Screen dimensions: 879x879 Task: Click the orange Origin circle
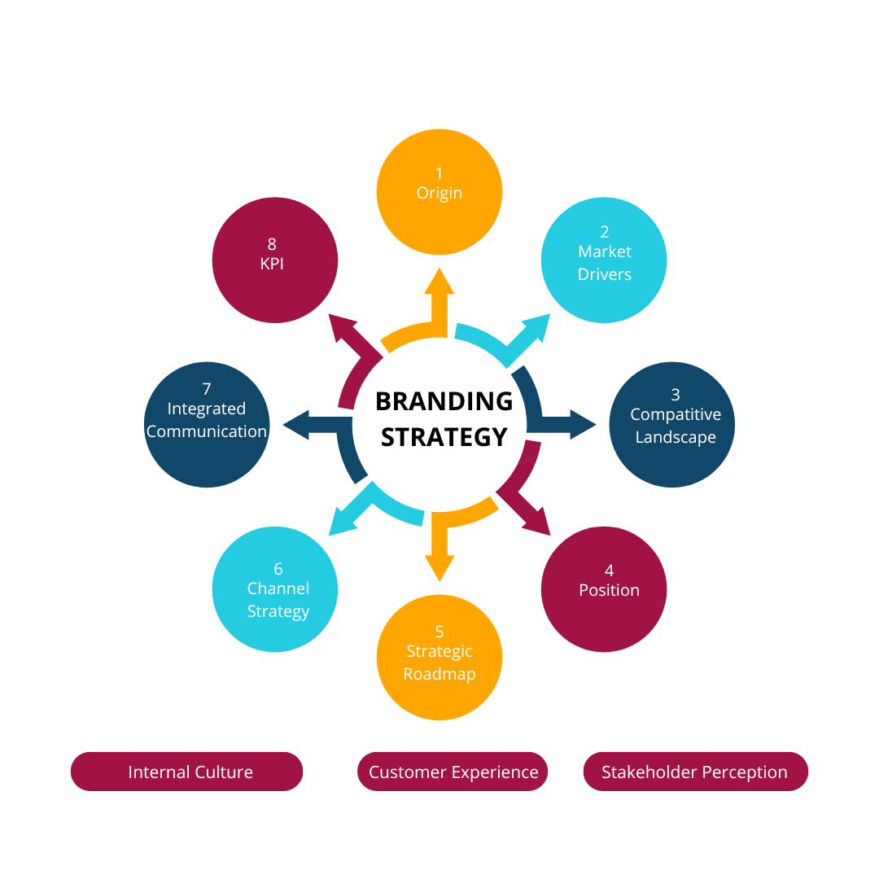[439, 192]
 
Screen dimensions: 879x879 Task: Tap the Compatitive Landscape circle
[672, 425]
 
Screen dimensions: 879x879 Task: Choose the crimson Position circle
[604, 589]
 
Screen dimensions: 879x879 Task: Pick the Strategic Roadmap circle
[439, 657]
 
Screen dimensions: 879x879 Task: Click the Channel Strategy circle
[275, 589]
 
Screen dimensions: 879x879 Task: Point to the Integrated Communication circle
[207, 425]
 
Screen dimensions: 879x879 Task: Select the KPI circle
[275, 260]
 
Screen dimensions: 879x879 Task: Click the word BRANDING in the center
[444, 401]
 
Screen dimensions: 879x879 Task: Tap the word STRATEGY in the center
[444, 437]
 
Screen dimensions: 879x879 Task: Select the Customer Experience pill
[453, 772]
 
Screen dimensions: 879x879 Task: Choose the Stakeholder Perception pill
[695, 772]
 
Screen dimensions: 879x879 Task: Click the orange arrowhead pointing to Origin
[439, 281]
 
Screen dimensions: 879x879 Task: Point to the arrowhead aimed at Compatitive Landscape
[584, 424]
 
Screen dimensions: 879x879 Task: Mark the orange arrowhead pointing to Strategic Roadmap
[439, 567]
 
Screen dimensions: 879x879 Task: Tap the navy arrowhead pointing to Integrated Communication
[295, 424]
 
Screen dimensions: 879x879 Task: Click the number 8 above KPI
[272, 243]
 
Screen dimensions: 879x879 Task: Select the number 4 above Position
[609, 571]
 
